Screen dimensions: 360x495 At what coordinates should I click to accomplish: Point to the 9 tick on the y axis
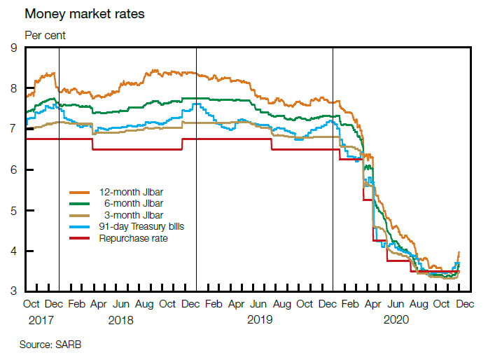[14, 48]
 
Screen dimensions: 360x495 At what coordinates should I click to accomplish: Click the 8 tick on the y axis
[14, 89]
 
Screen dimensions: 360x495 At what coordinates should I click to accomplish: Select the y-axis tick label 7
[14, 130]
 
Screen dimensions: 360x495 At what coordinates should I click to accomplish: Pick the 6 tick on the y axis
[14, 170]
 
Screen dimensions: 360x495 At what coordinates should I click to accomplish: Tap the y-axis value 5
[14, 211]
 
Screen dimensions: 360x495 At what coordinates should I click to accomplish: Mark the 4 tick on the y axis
[14, 251]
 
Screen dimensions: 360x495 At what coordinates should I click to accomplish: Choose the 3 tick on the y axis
[14, 292]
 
